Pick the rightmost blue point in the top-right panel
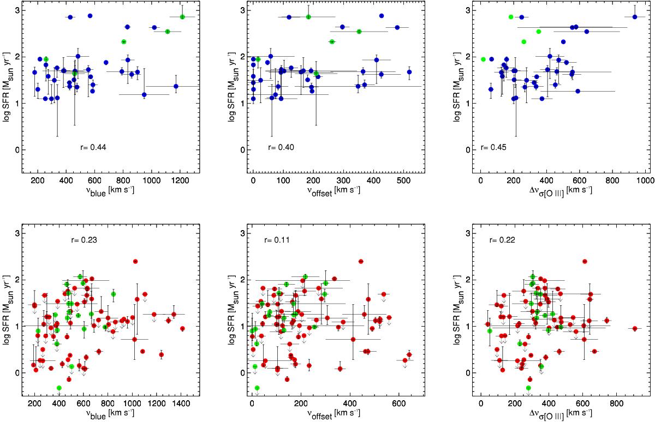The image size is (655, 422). (x=634, y=17)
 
